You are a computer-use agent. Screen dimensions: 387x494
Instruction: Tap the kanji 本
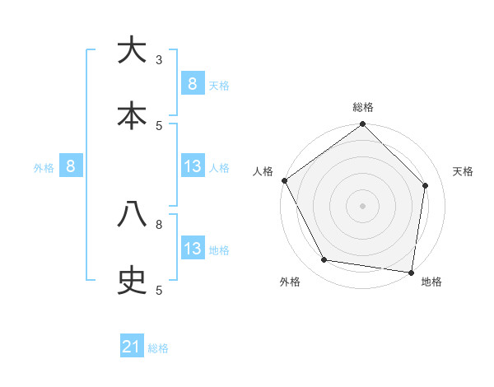tap(132, 116)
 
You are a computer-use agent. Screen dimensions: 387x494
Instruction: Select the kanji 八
tap(132, 215)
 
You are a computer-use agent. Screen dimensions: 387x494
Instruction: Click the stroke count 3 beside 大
tap(159, 60)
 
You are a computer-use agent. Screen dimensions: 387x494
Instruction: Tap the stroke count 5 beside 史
tap(159, 290)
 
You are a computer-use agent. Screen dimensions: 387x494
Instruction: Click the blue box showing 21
tap(132, 347)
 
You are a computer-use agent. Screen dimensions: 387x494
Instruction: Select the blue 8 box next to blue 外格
tap(71, 166)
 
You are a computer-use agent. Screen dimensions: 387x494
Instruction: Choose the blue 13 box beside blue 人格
tap(193, 167)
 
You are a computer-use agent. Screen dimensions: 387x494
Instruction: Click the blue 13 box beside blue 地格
tap(193, 249)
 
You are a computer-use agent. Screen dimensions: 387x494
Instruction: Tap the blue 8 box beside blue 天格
tap(193, 84)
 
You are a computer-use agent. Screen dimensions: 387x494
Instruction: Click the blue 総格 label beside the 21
tap(158, 348)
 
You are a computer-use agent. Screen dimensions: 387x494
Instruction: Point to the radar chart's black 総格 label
tap(363, 107)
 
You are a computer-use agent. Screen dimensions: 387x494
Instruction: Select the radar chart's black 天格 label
tap(464, 171)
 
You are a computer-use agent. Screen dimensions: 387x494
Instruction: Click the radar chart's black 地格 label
tap(431, 282)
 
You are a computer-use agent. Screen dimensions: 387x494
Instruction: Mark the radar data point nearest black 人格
tap(284, 180)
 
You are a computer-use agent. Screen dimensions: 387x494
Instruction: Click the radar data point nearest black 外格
tap(324, 260)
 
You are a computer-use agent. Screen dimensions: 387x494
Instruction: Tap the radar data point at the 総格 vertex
tap(363, 124)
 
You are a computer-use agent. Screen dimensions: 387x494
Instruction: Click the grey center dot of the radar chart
tap(363, 206)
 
